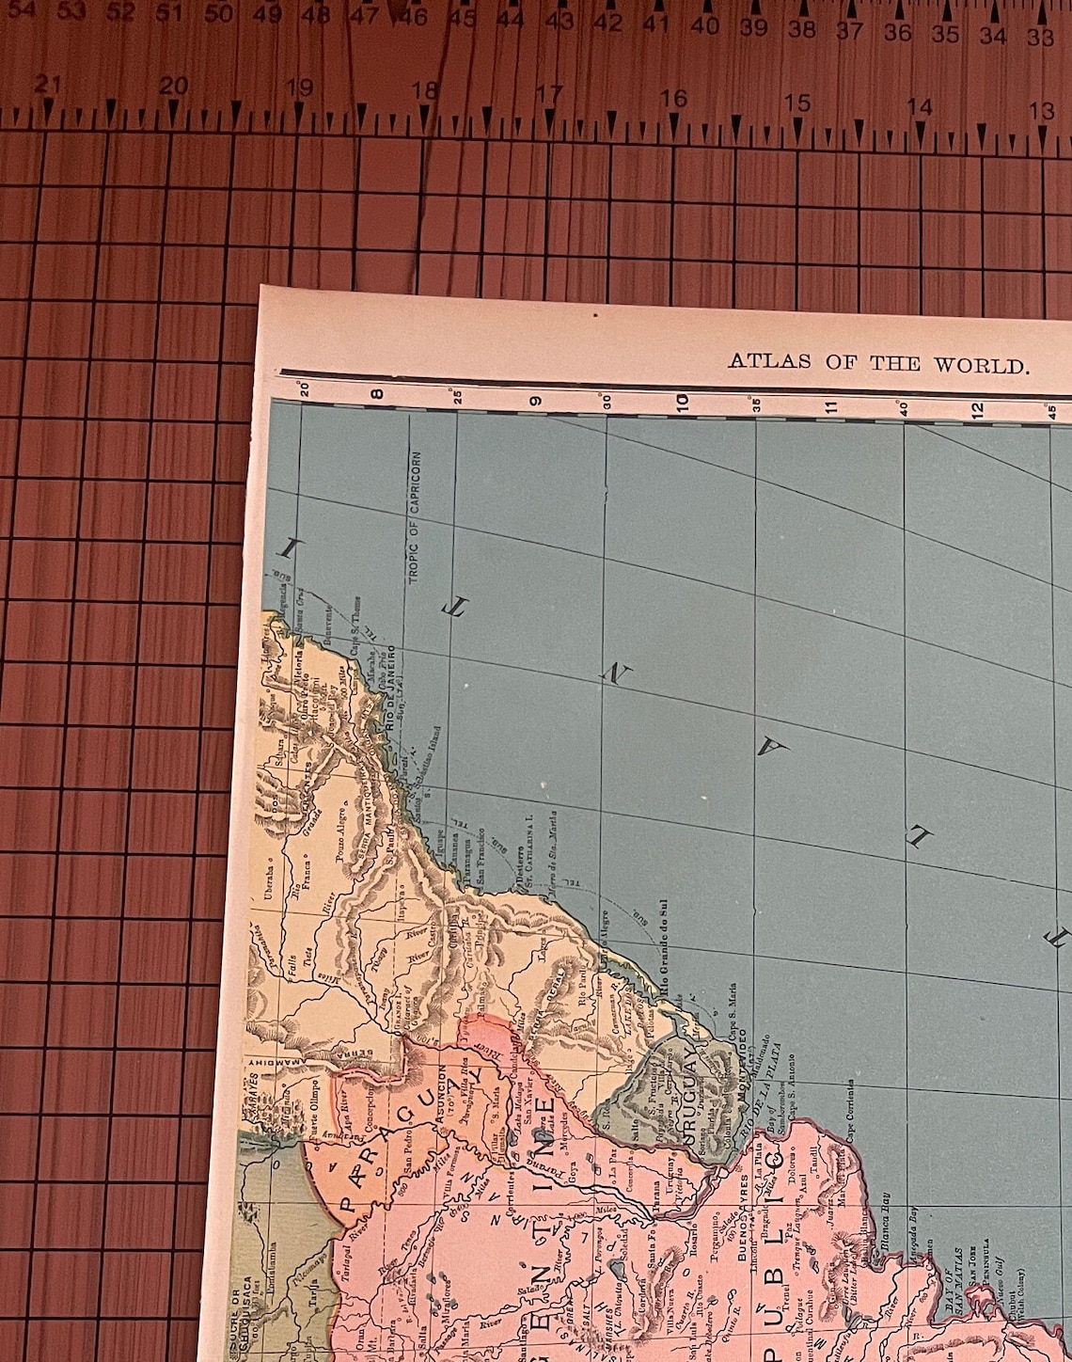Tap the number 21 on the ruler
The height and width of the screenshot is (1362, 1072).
click(48, 85)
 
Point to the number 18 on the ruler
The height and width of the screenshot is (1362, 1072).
click(425, 90)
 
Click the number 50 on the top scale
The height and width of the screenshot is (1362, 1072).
click(218, 14)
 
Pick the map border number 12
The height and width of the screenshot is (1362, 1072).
click(977, 408)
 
